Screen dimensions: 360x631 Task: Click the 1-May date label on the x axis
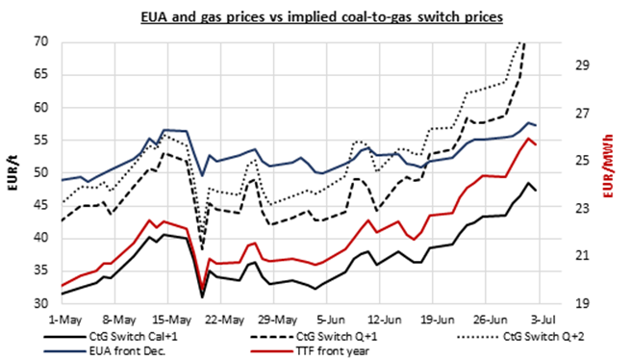(x=63, y=316)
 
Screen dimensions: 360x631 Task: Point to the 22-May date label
(x=223, y=316)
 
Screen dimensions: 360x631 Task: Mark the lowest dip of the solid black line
(x=202, y=296)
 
